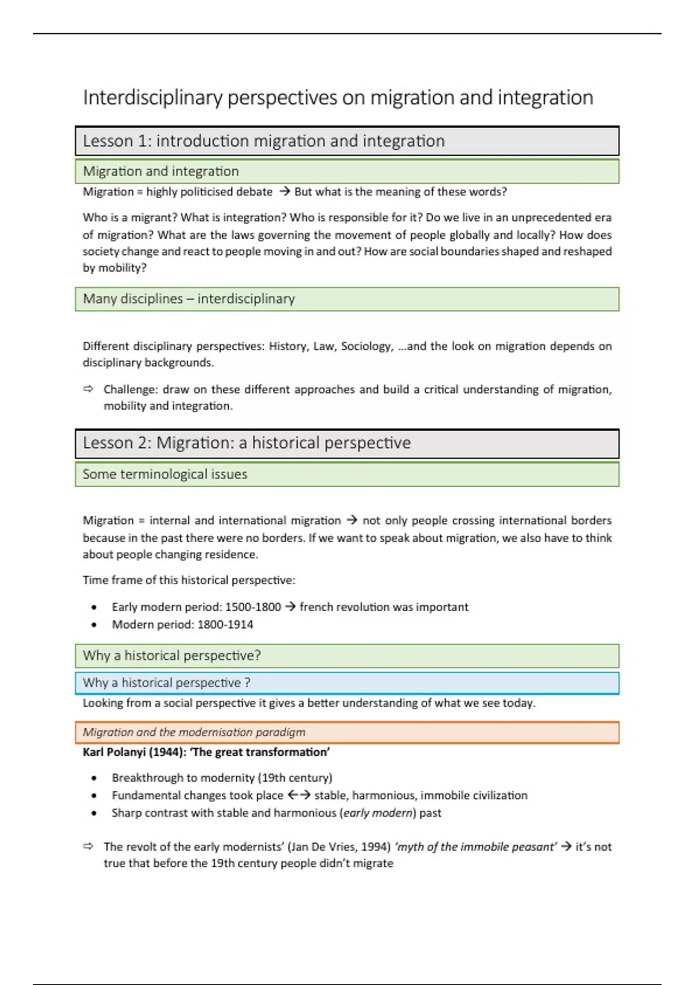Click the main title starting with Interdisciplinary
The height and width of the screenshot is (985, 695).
(338, 97)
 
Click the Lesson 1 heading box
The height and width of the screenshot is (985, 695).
(346, 141)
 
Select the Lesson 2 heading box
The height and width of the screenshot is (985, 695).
(346, 443)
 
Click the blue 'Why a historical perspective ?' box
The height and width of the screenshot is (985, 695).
(346, 683)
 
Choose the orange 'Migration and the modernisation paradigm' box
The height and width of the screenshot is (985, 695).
(346, 732)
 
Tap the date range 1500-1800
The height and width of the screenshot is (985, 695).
(253, 607)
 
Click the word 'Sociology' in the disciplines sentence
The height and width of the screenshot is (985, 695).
(366, 346)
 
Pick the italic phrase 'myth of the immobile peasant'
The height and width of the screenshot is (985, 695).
(475, 847)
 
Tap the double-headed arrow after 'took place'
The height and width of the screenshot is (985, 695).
(299, 795)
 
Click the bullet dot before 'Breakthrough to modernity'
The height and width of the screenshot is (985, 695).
(94, 778)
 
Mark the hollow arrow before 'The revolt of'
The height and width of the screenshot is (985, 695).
(88, 846)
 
